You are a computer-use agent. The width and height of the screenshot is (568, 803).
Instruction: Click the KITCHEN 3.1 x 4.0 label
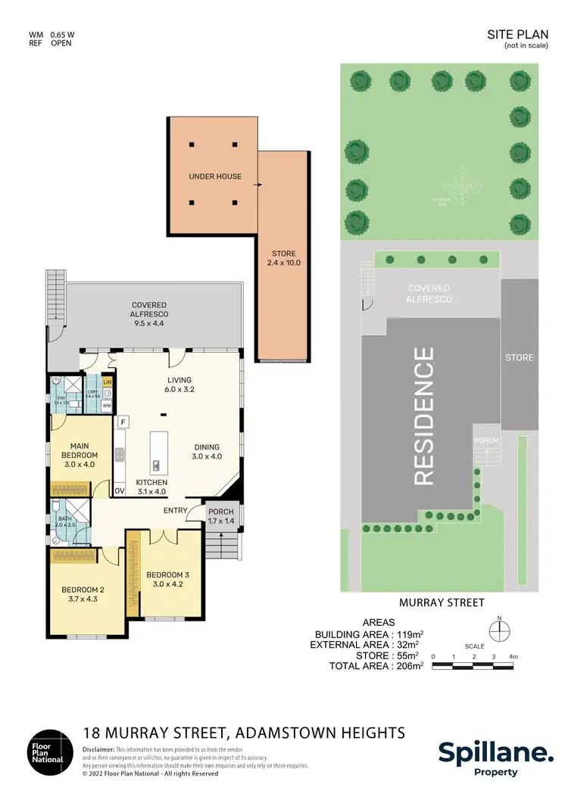click(x=151, y=487)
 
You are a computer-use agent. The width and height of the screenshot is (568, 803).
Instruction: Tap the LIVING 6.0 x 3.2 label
click(x=179, y=385)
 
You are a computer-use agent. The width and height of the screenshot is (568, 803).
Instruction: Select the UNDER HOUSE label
click(x=215, y=176)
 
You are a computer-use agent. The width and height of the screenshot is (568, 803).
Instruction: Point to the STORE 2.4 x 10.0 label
click(x=284, y=258)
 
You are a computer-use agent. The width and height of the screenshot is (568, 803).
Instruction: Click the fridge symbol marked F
click(x=123, y=420)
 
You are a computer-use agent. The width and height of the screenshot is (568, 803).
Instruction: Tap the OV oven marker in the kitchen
click(x=120, y=491)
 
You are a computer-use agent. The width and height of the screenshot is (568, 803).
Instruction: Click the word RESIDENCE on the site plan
click(x=424, y=416)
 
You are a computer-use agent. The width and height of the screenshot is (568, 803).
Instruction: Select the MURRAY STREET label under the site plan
click(x=442, y=602)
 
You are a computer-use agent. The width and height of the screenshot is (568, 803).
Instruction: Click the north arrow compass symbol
click(x=499, y=631)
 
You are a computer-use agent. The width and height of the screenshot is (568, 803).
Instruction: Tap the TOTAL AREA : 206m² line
click(x=370, y=666)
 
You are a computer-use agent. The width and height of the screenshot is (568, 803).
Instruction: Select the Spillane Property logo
click(x=496, y=758)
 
